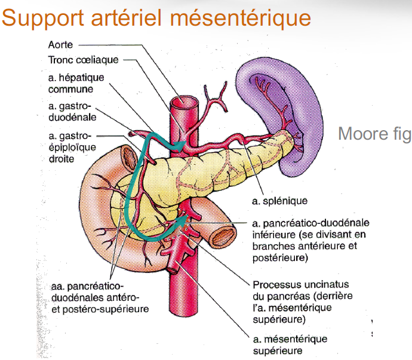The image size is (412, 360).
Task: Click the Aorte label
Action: click(60, 45)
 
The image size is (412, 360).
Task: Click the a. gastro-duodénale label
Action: click(66, 112)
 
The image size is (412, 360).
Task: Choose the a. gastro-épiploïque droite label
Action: click(66, 146)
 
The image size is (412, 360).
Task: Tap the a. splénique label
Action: click(278, 201)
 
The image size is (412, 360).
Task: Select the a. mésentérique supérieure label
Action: click(290, 345)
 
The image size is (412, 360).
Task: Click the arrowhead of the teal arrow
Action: click(180, 145)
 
